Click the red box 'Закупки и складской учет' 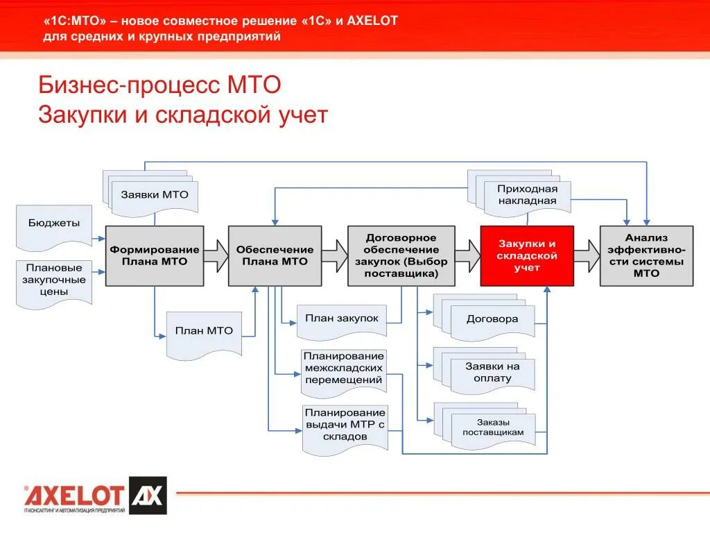tap(527, 255)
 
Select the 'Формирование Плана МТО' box tap(155, 255)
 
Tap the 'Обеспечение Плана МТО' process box tap(275, 255)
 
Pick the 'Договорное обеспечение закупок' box tap(401, 255)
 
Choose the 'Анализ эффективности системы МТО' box tap(646, 255)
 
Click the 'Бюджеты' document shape tap(54, 226)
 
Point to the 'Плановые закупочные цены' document tap(54, 281)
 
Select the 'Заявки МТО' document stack tap(154, 194)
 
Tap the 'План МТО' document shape tap(204, 333)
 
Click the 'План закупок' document tap(342, 319)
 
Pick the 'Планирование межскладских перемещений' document tap(343, 368)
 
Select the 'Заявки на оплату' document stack tap(491, 373)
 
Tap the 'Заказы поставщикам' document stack tap(492, 428)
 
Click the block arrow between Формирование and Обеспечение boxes tap(216, 255)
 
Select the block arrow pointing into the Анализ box tap(587, 255)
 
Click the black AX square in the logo tap(147, 495)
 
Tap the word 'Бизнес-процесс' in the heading tap(124, 85)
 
